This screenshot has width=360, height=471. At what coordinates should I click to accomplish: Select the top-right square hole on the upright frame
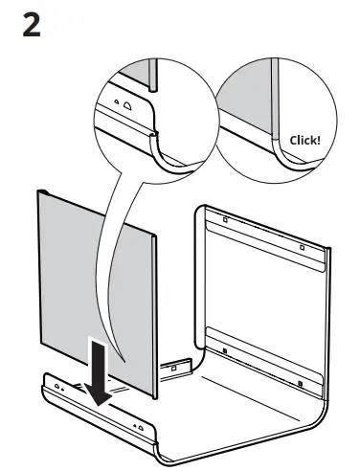303,247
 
